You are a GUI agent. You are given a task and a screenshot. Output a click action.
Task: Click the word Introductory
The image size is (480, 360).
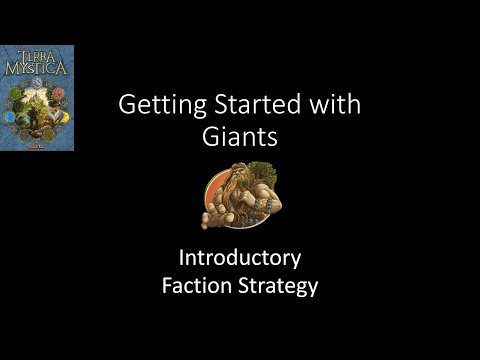[x=239, y=258]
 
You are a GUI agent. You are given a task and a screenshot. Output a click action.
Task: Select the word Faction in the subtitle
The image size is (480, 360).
[x=198, y=286]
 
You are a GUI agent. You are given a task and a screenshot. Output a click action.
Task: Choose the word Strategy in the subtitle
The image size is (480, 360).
[x=278, y=286]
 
